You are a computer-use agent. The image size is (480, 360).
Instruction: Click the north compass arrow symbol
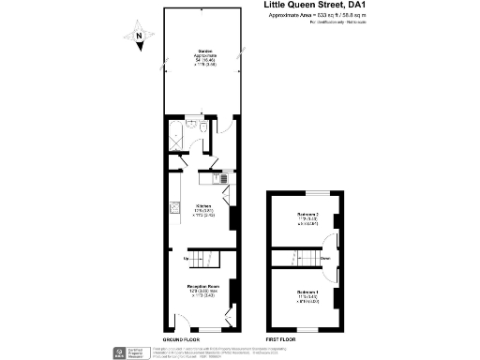coord(138,37)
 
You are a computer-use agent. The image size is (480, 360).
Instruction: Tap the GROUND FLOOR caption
coord(181,337)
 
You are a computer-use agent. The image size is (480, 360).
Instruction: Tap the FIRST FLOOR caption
coord(280,337)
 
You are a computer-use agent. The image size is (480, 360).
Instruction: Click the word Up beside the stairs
coord(187,258)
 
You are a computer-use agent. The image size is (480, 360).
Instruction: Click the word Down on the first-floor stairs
coord(324,258)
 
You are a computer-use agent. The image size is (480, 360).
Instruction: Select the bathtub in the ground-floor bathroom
coord(177,137)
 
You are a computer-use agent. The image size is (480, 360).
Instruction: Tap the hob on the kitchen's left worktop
coord(173,208)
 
